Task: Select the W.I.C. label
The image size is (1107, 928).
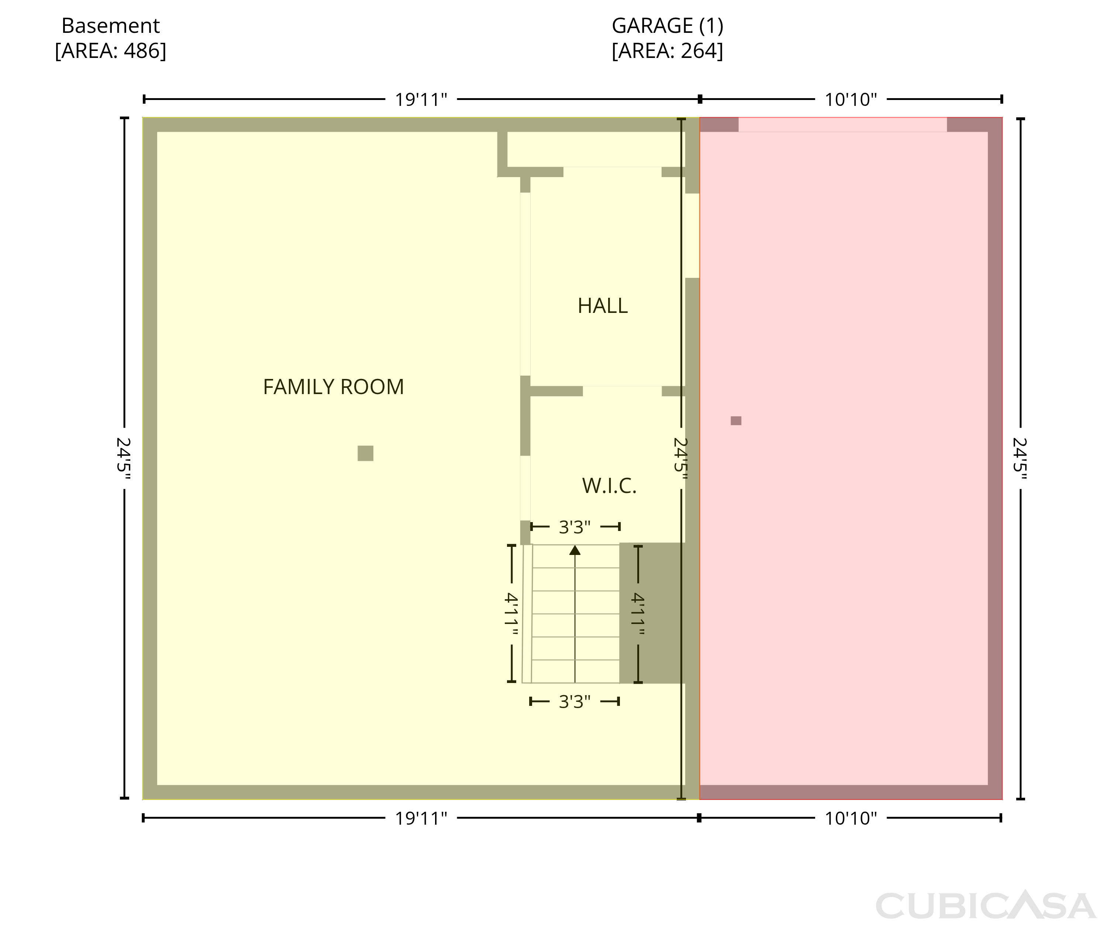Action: click(609, 486)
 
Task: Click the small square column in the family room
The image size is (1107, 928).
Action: click(365, 453)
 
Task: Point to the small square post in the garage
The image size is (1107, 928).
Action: click(736, 421)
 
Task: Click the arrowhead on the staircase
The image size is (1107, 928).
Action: click(575, 550)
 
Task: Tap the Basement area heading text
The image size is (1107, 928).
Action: click(111, 38)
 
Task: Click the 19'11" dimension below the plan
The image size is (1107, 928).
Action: click(421, 818)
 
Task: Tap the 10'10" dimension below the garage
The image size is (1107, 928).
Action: click(851, 818)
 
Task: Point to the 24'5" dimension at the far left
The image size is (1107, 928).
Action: click(123, 459)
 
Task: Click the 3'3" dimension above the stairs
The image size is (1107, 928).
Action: click(575, 527)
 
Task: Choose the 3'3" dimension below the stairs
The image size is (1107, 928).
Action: click(575, 701)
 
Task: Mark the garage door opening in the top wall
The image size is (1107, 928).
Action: click(842, 124)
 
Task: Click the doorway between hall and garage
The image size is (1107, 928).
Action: click(692, 235)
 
